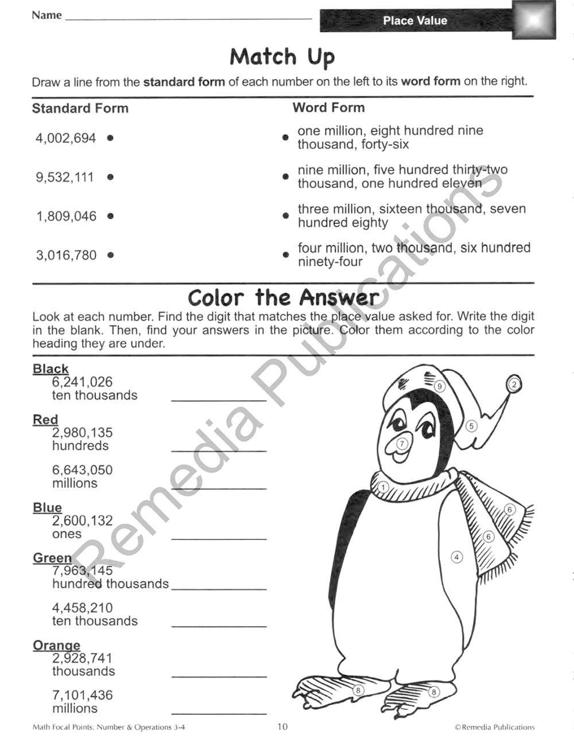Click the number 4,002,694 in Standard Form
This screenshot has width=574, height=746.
65,138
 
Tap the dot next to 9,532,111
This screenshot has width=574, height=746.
110,177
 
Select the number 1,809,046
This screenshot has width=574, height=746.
66,216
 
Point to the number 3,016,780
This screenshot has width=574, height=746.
66,255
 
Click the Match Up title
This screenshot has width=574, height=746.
282,57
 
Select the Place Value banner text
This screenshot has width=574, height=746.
415,21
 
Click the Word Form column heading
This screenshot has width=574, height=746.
328,108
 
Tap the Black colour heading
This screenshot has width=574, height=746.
51,369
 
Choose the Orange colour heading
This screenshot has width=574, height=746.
56,646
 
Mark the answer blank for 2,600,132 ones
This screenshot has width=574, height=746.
219,539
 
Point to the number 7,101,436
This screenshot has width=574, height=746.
82,696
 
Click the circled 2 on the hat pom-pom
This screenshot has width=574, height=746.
514,384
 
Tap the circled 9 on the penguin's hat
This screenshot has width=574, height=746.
440,386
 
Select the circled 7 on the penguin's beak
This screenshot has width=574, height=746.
402,444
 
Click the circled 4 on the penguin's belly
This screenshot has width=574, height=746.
457,557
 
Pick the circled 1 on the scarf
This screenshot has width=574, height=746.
383,488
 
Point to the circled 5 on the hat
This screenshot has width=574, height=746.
471,426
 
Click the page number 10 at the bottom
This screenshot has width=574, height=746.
282,727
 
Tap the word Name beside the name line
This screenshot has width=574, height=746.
46,15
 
